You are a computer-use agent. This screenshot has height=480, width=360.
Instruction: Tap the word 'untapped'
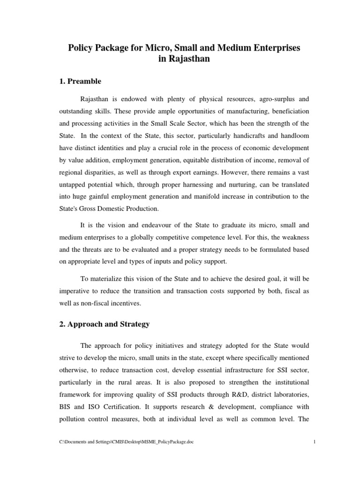click(72, 185)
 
